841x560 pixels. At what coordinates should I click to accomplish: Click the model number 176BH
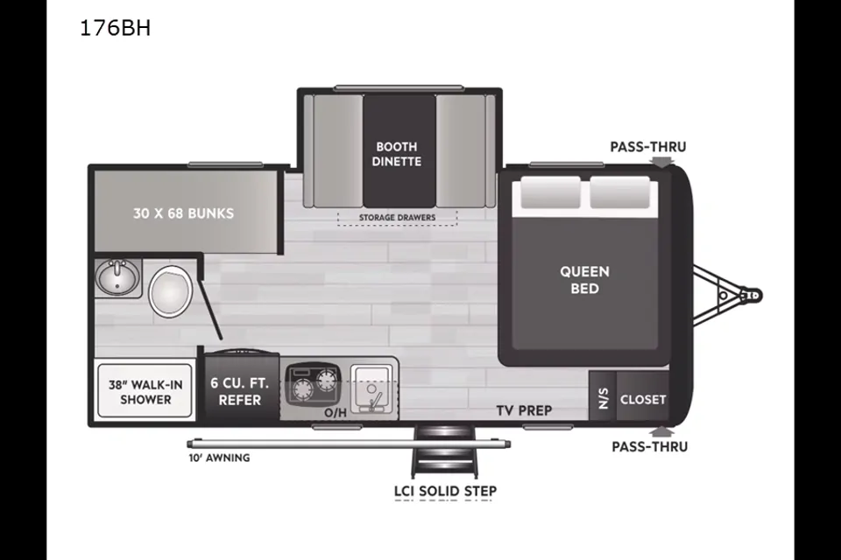click(x=115, y=28)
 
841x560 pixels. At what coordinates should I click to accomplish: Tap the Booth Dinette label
click(x=396, y=154)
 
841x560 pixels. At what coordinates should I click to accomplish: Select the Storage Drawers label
click(x=397, y=218)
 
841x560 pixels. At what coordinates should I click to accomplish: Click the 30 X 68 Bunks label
click(x=183, y=213)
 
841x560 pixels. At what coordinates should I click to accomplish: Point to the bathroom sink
click(x=117, y=277)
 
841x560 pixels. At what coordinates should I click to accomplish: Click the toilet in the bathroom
click(x=170, y=290)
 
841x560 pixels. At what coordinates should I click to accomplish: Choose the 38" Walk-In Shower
click(x=145, y=391)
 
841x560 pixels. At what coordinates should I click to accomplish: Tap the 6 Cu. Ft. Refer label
click(x=239, y=391)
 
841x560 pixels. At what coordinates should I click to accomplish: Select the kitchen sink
click(x=374, y=389)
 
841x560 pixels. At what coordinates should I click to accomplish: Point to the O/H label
click(x=336, y=413)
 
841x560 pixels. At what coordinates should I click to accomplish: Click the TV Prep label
click(x=524, y=410)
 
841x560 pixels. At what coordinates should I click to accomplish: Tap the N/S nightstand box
click(x=603, y=396)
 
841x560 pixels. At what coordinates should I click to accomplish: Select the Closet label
click(x=642, y=400)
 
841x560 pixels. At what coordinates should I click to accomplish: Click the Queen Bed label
click(x=584, y=280)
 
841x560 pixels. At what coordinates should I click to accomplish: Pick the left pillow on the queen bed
click(x=550, y=192)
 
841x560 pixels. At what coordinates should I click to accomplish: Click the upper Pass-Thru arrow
click(x=662, y=161)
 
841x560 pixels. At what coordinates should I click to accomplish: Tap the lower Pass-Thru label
click(x=649, y=446)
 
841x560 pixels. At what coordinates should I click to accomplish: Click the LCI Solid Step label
click(x=445, y=491)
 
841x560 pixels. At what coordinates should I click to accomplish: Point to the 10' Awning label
click(x=219, y=458)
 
